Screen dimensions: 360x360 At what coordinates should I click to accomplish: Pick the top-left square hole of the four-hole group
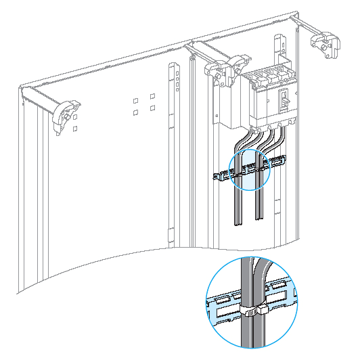click(136, 99)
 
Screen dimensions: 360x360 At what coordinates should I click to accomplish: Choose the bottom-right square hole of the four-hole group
click(153, 108)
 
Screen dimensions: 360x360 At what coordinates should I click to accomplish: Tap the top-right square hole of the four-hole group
click(153, 95)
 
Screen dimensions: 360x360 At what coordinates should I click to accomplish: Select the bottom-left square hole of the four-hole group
click(136, 112)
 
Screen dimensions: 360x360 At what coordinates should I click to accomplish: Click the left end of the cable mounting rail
click(215, 178)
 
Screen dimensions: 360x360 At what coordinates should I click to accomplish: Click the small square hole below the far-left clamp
click(75, 127)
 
